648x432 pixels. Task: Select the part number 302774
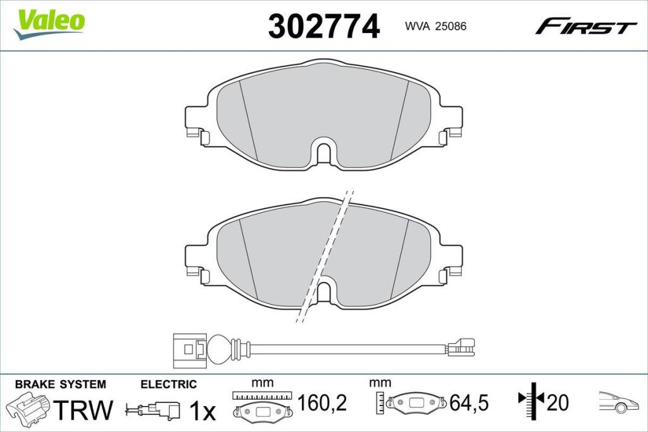[323, 27]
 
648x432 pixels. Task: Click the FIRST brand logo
[585, 27]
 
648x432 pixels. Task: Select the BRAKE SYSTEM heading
[60, 384]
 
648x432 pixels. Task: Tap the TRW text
[84, 410]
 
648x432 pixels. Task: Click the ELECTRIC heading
[168, 384]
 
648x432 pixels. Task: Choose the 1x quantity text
[203, 411]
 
